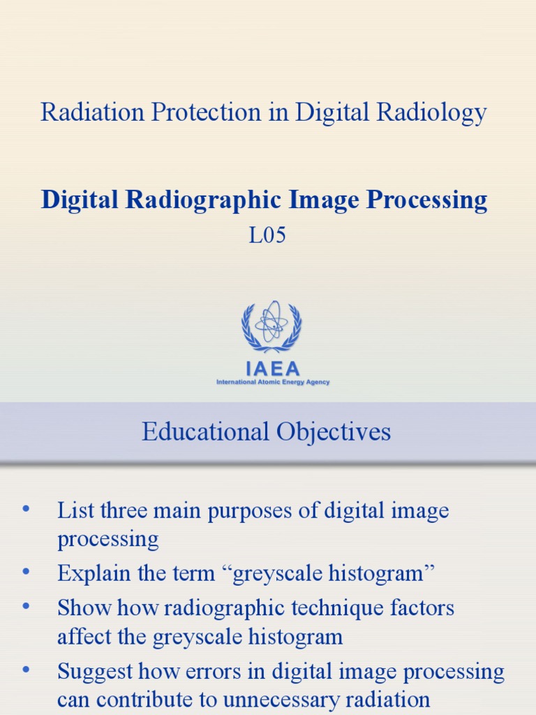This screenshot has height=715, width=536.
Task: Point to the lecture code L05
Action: [267, 236]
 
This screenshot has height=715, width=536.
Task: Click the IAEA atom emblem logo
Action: [271, 326]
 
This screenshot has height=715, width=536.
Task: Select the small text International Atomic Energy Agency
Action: [273, 383]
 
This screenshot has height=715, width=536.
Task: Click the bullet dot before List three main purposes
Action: [27, 510]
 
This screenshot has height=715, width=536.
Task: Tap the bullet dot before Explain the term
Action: [27, 573]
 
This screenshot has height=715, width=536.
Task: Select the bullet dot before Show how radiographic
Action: [27, 607]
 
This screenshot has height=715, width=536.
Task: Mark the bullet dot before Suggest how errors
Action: [27, 671]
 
